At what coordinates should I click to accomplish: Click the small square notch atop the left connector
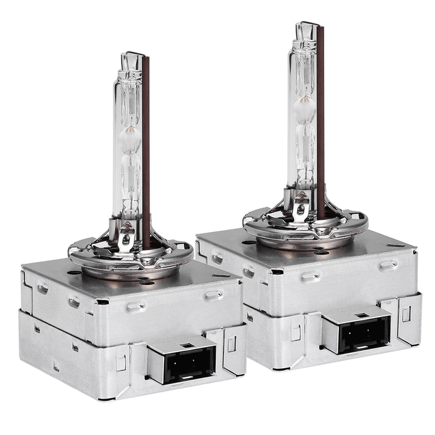183,345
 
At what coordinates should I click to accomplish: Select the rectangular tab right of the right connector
406,313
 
